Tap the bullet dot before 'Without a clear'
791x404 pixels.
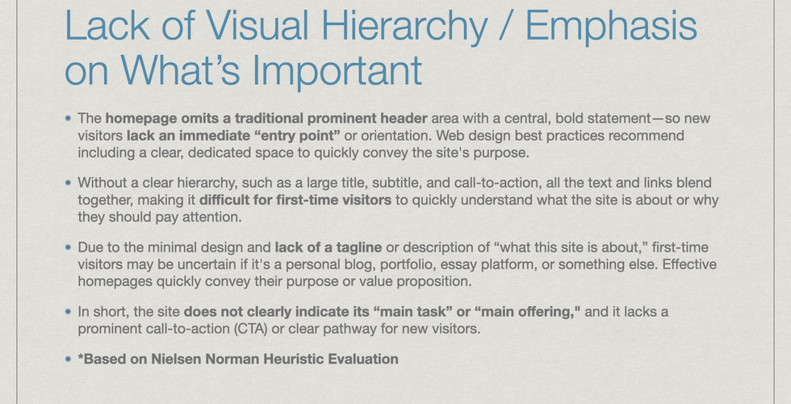click(69, 183)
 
